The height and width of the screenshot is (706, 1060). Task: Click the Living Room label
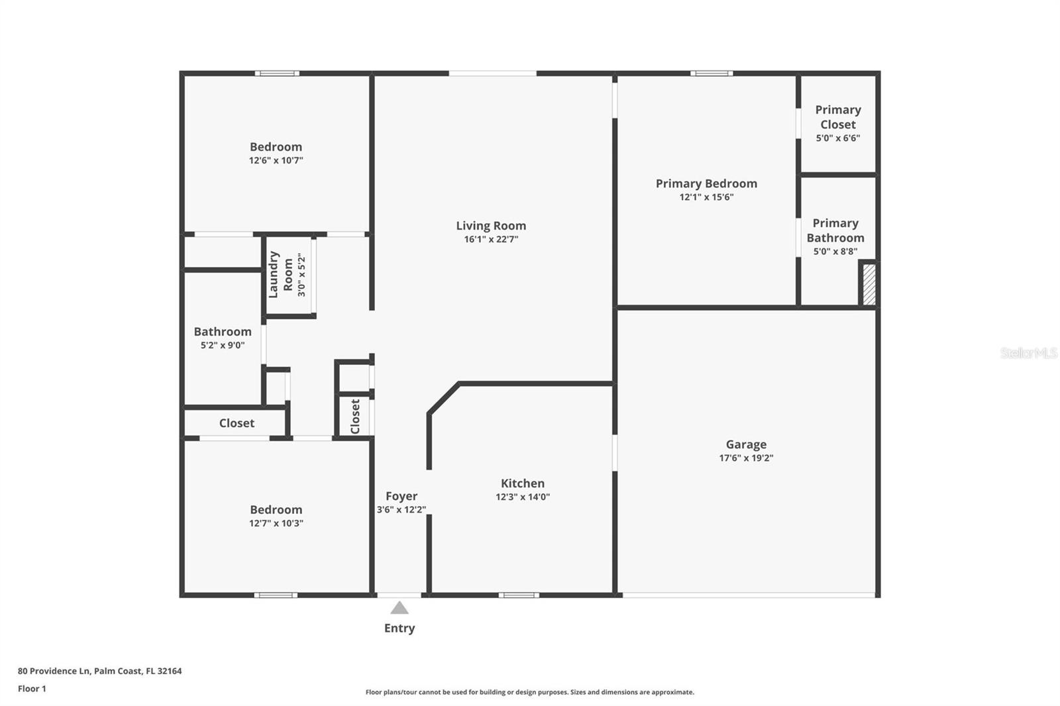pyautogui.click(x=491, y=226)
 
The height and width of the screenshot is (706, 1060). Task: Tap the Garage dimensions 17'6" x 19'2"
pyautogui.click(x=746, y=458)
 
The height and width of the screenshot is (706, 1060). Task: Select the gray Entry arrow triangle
pyautogui.click(x=399, y=608)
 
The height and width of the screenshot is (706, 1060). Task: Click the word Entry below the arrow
pyautogui.click(x=399, y=628)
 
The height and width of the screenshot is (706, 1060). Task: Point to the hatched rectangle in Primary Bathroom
pyautogui.click(x=869, y=284)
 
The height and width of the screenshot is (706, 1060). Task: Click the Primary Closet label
pyautogui.click(x=838, y=117)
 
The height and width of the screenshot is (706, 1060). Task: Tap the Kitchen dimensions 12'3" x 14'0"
pyautogui.click(x=523, y=497)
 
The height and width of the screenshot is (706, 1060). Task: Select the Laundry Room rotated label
pyautogui.click(x=280, y=274)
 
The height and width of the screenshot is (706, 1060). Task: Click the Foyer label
pyautogui.click(x=401, y=496)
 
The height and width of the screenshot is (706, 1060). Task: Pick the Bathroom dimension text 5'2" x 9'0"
pyautogui.click(x=223, y=345)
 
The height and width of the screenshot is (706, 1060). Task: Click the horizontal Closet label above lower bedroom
pyautogui.click(x=237, y=423)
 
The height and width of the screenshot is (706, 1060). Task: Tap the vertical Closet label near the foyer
pyautogui.click(x=355, y=416)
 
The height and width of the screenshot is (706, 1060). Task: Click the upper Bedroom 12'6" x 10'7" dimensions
pyautogui.click(x=276, y=160)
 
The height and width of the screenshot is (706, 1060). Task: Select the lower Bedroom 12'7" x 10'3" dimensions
pyautogui.click(x=276, y=523)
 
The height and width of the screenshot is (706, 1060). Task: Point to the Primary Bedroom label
pyautogui.click(x=706, y=183)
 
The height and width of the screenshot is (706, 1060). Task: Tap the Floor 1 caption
pyautogui.click(x=32, y=689)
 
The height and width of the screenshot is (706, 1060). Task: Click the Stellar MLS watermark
pyautogui.click(x=1028, y=353)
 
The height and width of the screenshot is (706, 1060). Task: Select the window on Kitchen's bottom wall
pyautogui.click(x=519, y=595)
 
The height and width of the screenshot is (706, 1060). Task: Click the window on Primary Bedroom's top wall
pyautogui.click(x=712, y=73)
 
